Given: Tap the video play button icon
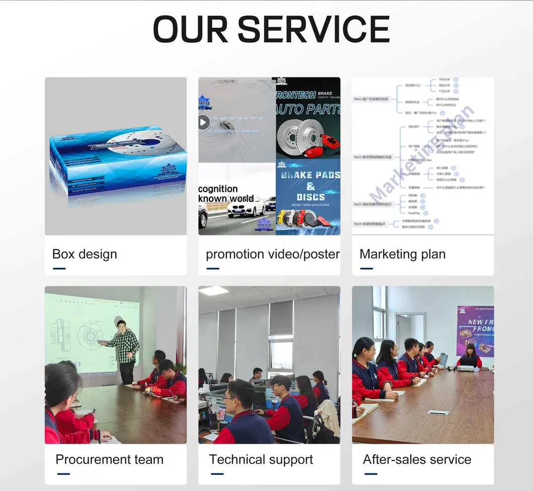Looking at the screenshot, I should tap(203, 122).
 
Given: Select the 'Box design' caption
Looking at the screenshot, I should tap(85, 254).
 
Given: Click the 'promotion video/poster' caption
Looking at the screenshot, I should tap(272, 254).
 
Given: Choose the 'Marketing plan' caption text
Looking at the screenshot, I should tap(402, 254).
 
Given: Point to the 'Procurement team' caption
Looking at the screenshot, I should tap(109, 459).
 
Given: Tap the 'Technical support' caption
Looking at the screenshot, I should tap(261, 459).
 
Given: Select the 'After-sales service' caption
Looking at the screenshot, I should tap(417, 459).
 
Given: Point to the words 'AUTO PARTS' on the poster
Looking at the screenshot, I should tap(308, 109).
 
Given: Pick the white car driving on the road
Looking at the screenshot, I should tap(245, 206).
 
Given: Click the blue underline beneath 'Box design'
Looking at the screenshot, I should tap(59, 268).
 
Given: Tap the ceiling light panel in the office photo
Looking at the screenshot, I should tap(214, 291).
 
